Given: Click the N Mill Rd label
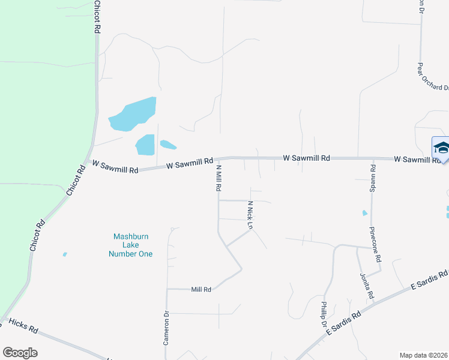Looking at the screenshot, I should coord(219,178).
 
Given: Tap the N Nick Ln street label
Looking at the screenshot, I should coord(250,215).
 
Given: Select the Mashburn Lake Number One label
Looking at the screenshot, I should coord(130,245).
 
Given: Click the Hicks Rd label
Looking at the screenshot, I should coord(24,329).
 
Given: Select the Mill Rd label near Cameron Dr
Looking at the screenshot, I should coord(201,289).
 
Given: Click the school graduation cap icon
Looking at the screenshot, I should coord(441,148).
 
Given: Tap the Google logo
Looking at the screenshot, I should coord(20,353).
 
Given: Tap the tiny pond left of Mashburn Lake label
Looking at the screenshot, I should coord(65,254).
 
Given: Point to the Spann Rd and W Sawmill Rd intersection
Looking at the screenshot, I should coord(372,159).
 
